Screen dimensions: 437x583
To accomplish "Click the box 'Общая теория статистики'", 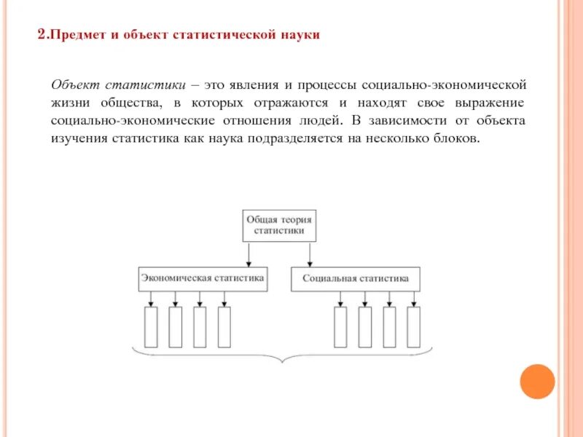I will point(281,226).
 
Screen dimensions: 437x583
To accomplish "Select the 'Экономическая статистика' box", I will point(203,279).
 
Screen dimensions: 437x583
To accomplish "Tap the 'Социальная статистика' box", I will point(356,279).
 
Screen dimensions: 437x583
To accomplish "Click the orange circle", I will point(538,381).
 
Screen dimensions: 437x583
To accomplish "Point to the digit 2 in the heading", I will point(42,34).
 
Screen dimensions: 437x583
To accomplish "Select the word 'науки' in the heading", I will point(301,35).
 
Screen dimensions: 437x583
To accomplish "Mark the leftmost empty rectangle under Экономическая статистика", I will point(151,327).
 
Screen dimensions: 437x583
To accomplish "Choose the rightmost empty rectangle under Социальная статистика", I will point(413,327).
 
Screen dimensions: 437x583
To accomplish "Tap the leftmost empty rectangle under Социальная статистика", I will point(340,327).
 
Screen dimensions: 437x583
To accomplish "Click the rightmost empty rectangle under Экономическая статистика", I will point(224,327).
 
